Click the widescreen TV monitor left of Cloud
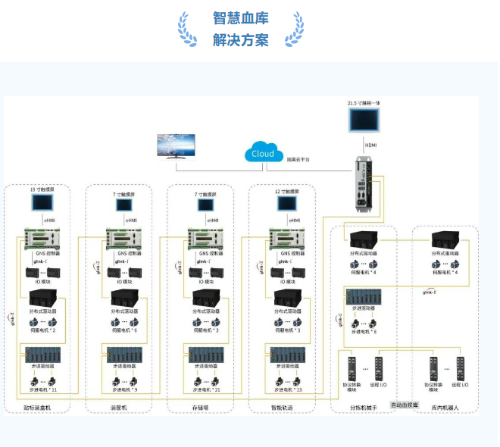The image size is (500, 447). pos(175,145)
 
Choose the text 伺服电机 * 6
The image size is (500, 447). pos(125,330)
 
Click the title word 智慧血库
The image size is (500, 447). pos(240,18)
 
